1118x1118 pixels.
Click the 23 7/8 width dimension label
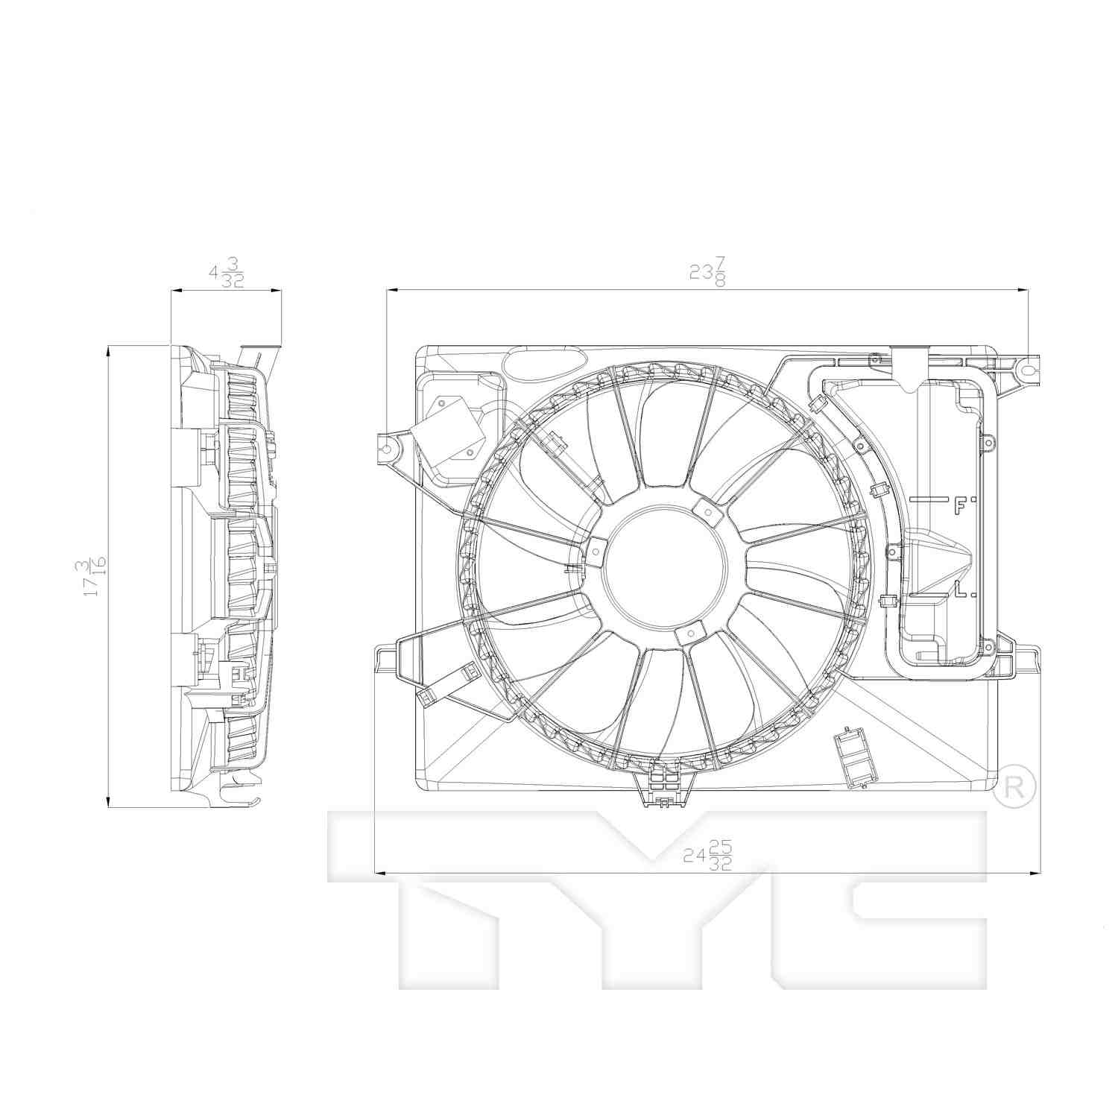707,272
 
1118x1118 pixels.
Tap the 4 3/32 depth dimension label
227,272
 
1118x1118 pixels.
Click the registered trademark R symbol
1014,787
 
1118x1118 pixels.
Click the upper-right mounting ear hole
1027,370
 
